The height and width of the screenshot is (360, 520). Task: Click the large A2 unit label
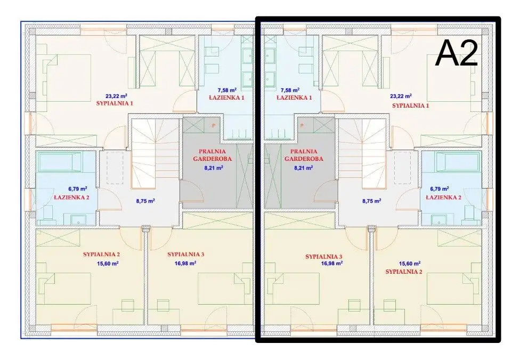[456, 53]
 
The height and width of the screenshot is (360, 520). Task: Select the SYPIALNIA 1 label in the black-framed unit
[411, 106]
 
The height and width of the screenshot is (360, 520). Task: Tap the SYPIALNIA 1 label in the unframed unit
[115, 103]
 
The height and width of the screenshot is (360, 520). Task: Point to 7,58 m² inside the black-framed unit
[290, 90]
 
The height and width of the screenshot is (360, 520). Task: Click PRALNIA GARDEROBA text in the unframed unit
[212, 155]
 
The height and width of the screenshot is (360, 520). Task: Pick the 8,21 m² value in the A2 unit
[304, 168]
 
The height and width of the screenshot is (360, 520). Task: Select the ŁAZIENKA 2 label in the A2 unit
[443, 198]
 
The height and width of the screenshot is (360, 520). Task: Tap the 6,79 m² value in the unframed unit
[78, 189]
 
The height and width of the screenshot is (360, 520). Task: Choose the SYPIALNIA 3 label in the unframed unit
[186, 254]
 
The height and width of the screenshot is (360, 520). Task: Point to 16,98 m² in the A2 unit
[332, 264]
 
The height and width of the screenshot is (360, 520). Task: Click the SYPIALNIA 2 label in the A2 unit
[404, 272]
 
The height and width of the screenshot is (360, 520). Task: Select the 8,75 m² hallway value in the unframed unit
[145, 201]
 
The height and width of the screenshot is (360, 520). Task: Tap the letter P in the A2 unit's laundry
[302, 126]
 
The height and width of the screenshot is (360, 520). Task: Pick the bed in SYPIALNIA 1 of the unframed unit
[69, 78]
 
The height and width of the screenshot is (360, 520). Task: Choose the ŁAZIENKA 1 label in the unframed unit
[227, 97]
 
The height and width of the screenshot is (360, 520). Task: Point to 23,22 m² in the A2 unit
[401, 96]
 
